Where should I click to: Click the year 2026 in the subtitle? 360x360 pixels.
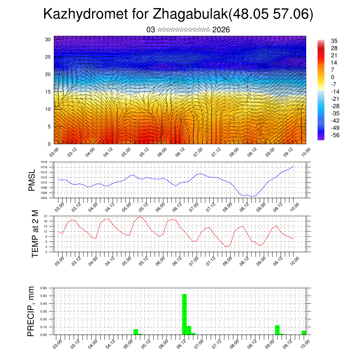221,30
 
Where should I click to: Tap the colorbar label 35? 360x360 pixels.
334,41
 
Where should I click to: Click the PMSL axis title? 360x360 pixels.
32,180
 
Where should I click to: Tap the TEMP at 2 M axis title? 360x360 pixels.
35,233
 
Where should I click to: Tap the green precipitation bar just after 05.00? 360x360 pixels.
136,332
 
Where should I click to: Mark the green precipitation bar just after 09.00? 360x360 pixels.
277,330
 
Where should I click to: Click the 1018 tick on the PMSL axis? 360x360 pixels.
44,162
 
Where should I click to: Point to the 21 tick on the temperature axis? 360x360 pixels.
46,216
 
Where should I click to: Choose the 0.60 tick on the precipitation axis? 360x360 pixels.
44,288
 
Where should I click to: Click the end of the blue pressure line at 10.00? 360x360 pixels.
294,166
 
